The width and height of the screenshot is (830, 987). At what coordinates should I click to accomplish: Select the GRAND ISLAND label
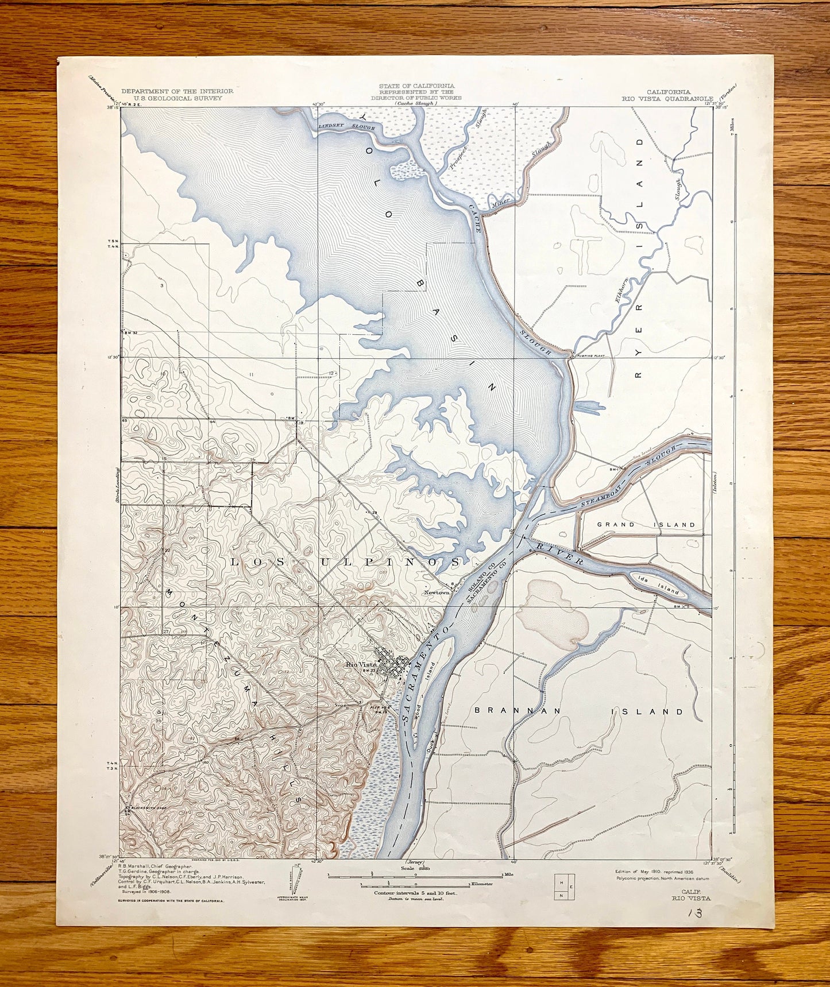(646, 524)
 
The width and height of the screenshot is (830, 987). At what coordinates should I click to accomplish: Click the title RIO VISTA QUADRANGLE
(667, 98)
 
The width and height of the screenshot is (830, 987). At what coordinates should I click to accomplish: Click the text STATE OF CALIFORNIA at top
(408, 86)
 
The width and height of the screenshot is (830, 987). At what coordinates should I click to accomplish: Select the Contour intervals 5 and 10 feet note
(410, 893)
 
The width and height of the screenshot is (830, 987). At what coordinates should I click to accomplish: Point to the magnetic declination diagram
(296, 879)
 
